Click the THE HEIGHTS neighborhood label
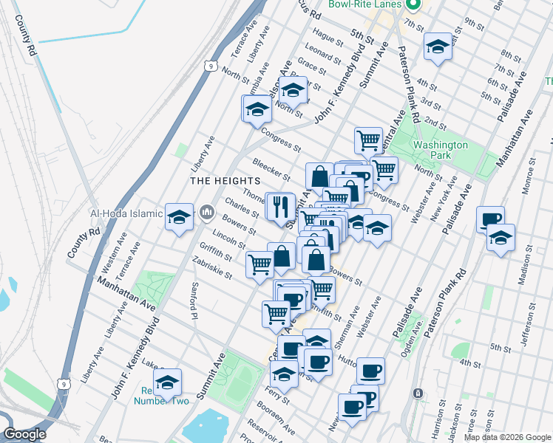pos(225,181)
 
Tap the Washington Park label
pos(440,151)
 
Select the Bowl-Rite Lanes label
pos(365,4)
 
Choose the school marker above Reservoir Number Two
pos(168,382)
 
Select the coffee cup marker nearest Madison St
pos(490,219)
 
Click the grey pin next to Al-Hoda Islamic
pos(206,213)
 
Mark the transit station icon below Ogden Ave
pos(418,394)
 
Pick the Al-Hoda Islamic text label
pos(126,214)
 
